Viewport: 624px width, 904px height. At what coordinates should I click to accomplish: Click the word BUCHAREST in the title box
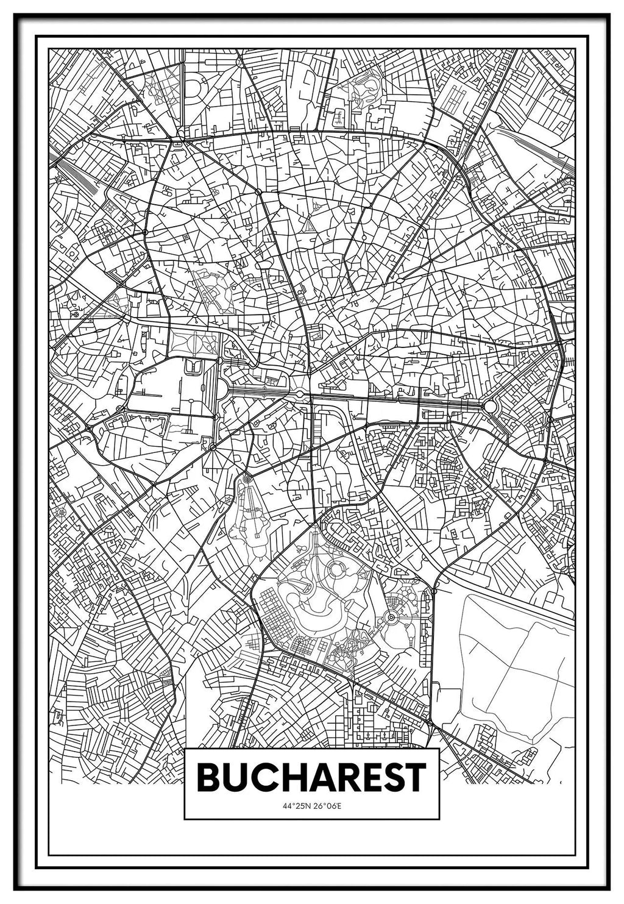[311, 777]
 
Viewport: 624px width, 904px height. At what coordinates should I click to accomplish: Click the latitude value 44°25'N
[297, 806]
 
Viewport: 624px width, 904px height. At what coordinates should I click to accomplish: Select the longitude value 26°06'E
[327, 806]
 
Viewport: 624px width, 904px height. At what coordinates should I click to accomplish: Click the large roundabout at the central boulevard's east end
[490, 406]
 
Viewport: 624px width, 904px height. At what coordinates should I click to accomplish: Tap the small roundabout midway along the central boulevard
[300, 395]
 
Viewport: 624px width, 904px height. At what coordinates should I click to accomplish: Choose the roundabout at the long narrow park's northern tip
[247, 480]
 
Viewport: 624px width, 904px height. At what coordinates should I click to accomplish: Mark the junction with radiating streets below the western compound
[212, 448]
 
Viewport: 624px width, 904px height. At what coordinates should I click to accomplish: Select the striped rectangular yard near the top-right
[452, 94]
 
